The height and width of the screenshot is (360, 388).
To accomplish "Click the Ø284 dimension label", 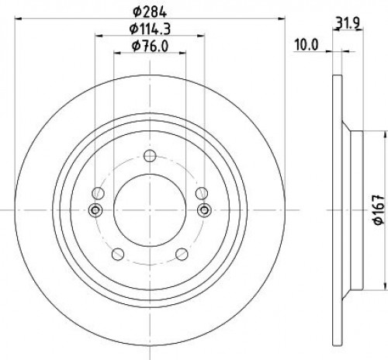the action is [x=150, y=12].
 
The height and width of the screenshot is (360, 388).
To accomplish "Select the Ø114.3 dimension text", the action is [x=150, y=29].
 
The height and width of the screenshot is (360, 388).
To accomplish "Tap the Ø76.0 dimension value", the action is [x=150, y=47].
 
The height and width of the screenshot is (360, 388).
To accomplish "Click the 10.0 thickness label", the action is [x=307, y=45].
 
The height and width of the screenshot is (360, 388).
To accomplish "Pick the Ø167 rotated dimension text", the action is [x=379, y=209].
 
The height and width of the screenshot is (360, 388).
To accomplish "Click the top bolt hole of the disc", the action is [x=150, y=156].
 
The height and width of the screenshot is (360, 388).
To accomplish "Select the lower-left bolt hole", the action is [x=118, y=254].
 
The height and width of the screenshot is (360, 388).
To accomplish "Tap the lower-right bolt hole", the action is [x=182, y=254].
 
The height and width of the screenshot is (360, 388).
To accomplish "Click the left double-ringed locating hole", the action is [x=95, y=210].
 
